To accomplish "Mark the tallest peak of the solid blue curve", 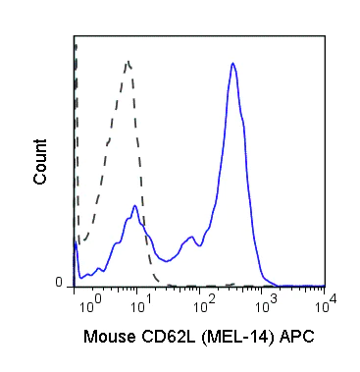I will tap(231, 64).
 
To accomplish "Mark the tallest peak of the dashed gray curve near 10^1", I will tap(128, 63).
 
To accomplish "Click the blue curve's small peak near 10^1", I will tap(134, 206).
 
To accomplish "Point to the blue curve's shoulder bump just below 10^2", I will tap(188, 238).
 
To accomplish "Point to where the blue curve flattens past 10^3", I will tap(280, 285).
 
